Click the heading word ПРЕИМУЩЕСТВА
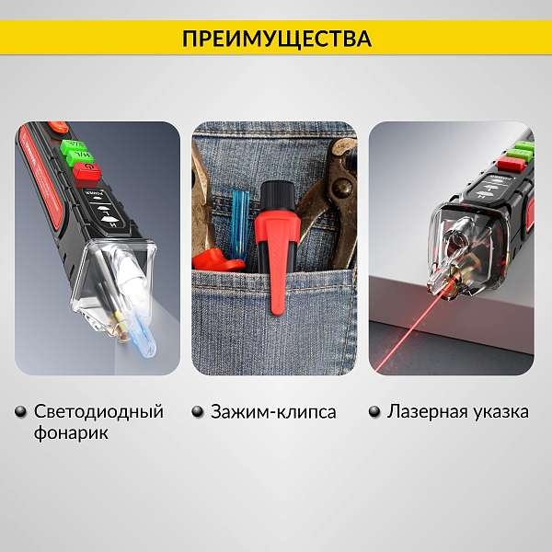pos(277,39)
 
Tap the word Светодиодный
pos(99,411)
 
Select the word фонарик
pos(71,433)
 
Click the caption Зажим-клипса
pos(273,411)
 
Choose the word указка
pos(500,411)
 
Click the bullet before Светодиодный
pos(21,412)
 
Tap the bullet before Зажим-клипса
pos(198,412)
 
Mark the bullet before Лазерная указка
pos(375,412)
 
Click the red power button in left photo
pos(87,174)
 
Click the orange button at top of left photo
pos(58,127)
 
